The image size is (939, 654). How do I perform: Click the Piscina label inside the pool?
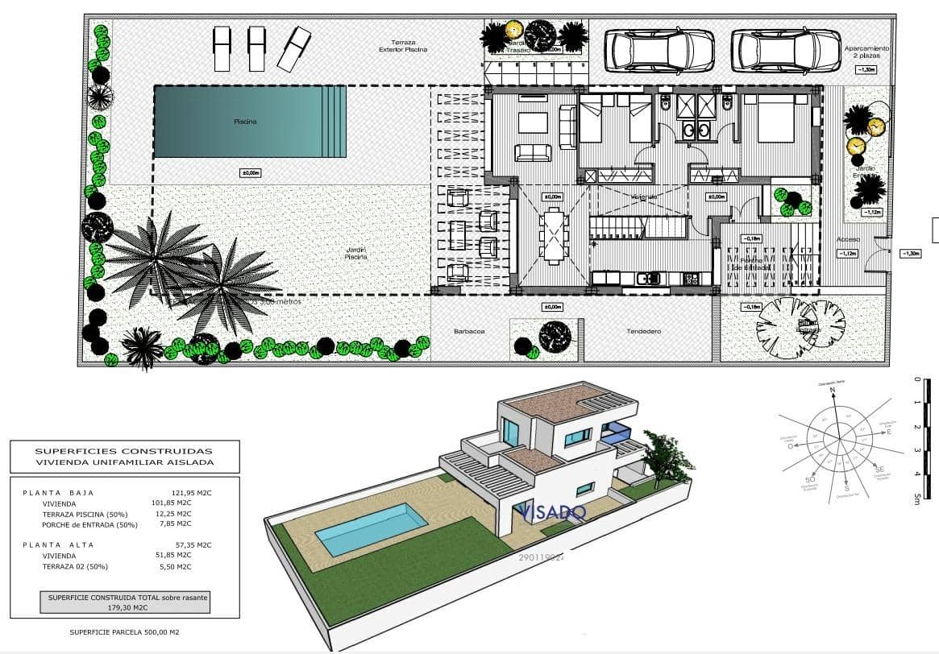pyautogui.click(x=245, y=122)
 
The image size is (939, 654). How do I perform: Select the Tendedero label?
pyautogui.click(x=643, y=331)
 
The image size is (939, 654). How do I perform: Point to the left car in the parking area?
pyautogui.click(x=659, y=51)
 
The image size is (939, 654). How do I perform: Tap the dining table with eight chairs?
pyautogui.click(x=554, y=234)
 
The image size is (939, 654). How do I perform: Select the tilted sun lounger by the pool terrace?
pyautogui.click(x=294, y=48)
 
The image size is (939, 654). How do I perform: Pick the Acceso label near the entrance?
pyautogui.click(x=848, y=240)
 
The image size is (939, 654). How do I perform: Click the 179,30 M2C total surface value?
pyautogui.click(x=125, y=608)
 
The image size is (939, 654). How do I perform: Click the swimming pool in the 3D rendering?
pyautogui.click(x=371, y=529)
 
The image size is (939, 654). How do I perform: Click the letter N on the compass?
pyautogui.click(x=833, y=390)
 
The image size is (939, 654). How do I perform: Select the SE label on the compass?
pyautogui.click(x=879, y=468)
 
